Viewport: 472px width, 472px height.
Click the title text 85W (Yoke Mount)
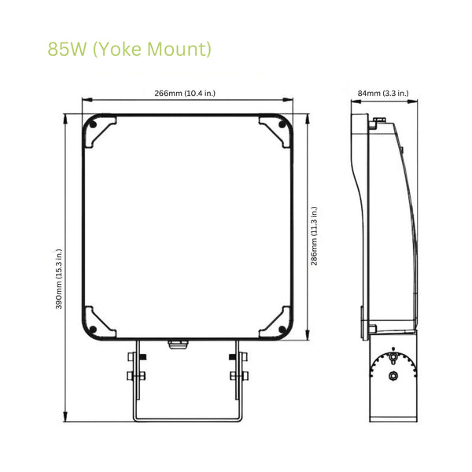click(130, 50)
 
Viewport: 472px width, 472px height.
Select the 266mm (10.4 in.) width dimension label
click(185, 94)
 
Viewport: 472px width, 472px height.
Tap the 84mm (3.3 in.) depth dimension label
click(383, 94)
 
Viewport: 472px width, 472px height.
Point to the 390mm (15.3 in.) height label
click(59, 279)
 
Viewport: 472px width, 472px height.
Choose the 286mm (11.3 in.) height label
click(315, 236)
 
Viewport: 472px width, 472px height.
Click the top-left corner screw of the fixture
click(94, 124)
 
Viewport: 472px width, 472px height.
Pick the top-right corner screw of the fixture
click(282, 124)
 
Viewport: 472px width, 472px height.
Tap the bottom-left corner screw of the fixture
click(94, 328)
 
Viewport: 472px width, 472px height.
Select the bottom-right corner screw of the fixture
click(282, 328)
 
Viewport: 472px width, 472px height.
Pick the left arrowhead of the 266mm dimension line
click(84, 101)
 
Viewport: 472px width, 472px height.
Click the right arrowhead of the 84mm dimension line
click(415, 101)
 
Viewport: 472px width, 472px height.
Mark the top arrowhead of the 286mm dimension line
click(307, 116)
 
